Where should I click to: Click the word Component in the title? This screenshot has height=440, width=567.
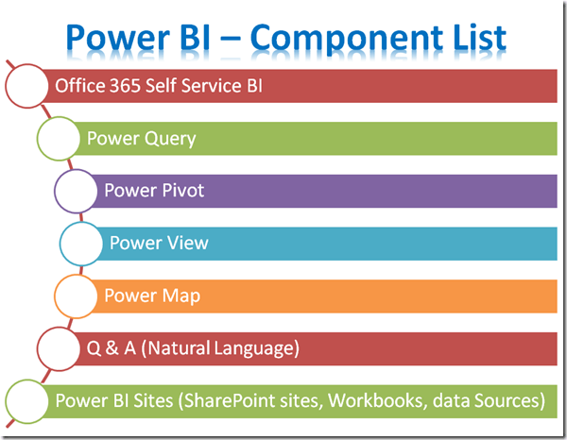pyautogui.click(x=347, y=39)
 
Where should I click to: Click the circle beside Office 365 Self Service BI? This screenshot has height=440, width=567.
pyautogui.click(x=26, y=86)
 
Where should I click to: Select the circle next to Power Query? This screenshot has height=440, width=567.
pyautogui.click(x=59, y=139)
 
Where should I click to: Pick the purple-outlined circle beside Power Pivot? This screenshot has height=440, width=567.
pyautogui.click(x=76, y=191)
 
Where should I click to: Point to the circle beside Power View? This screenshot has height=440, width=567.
pyautogui.click(x=81, y=244)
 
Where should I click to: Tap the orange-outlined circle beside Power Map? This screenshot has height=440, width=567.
pyautogui.click(x=76, y=296)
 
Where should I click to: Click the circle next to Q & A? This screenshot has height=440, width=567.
pyautogui.click(x=59, y=348)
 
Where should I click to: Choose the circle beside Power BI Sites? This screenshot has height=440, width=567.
pyautogui.click(x=26, y=401)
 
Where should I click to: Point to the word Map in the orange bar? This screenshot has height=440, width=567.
pyautogui.click(x=181, y=296)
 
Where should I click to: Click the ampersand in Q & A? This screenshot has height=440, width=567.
pyautogui.click(x=112, y=347)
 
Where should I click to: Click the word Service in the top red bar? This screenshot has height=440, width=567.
pyautogui.click(x=212, y=86)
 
